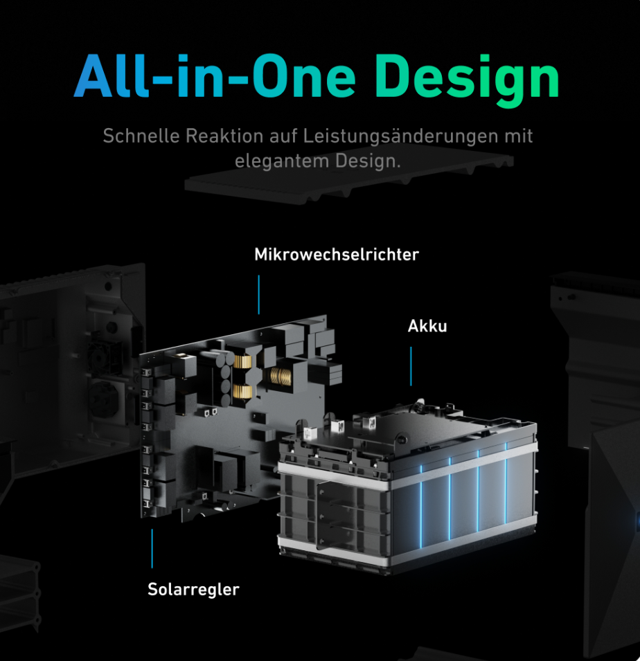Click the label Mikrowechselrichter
337,255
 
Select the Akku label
427,326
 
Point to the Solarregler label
193,589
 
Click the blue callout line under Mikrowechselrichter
258,295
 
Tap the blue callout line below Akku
411,366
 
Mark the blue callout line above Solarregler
152,548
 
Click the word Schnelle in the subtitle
141,136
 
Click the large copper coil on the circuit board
280,376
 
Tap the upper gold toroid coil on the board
243,361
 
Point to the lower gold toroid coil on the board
243,391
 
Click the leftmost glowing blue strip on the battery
421,506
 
